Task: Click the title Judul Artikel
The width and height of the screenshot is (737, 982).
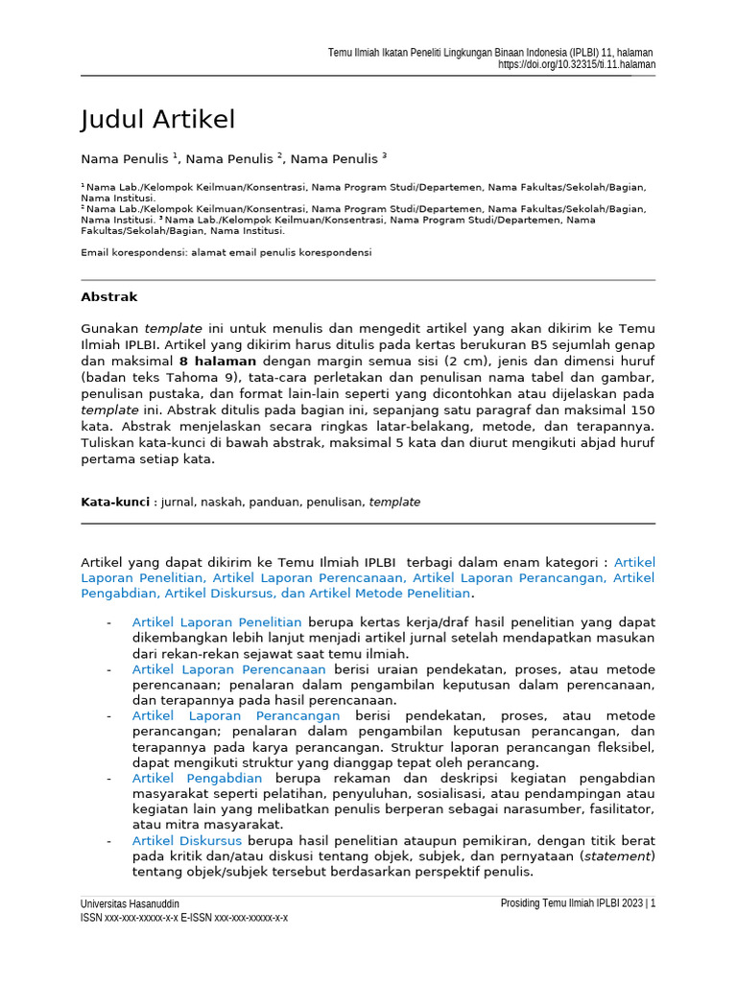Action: (158, 120)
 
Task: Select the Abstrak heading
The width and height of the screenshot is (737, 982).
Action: (109, 297)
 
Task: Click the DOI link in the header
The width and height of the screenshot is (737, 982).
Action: (577, 64)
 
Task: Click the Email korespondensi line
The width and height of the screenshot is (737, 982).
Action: (226, 252)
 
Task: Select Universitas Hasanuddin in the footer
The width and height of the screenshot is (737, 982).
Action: (131, 903)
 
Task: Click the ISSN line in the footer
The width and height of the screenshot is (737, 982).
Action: (184, 918)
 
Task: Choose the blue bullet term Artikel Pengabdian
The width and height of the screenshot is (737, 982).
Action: (197, 778)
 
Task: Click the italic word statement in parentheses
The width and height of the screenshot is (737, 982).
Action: (618, 855)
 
